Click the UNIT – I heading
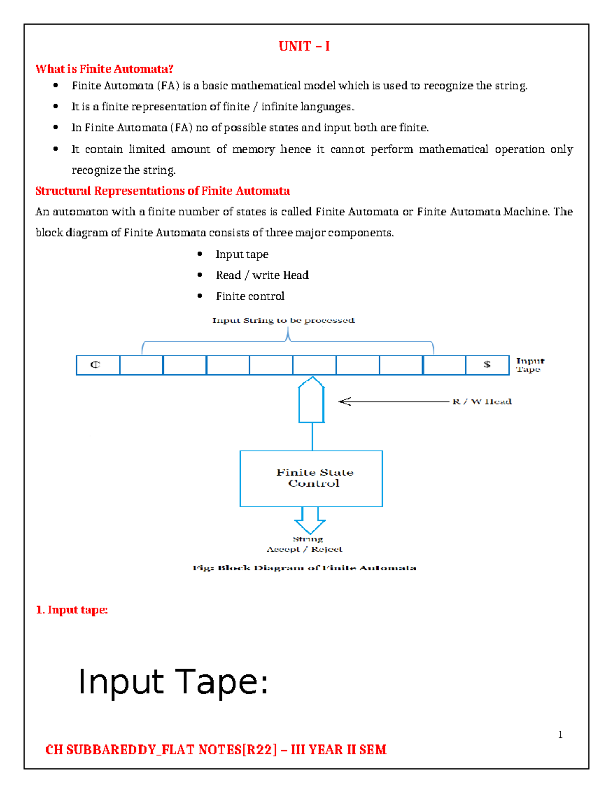304,46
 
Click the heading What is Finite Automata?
104,69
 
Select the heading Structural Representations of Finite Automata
162,191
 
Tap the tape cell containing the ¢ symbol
98,365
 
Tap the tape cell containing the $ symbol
487,365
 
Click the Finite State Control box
311,478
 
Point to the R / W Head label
482,402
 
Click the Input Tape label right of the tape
530,365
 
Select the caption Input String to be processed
283,321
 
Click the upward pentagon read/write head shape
312,401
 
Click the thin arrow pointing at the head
393,402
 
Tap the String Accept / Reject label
305,544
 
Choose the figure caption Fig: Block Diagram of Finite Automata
304,568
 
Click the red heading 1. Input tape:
72,610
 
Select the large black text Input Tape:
173,682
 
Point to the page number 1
560,735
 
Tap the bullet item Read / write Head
262,275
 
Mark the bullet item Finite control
250,296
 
